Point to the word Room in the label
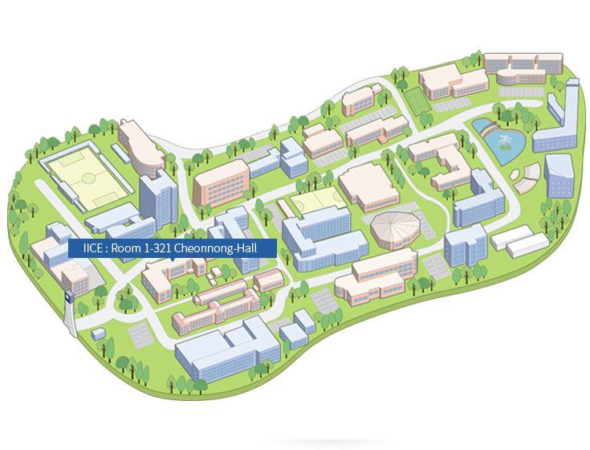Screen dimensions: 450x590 124,249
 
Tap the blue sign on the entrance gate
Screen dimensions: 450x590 69,295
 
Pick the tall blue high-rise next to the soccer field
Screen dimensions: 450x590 157,198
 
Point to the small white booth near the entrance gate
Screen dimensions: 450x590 100,333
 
